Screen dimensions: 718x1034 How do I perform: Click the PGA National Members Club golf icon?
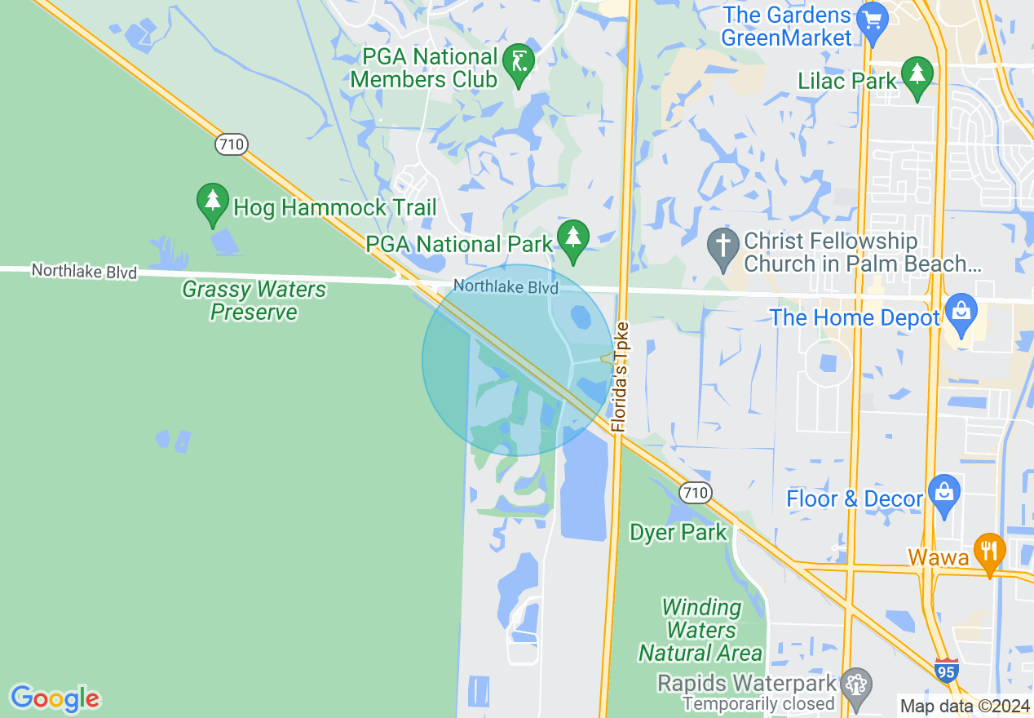coord(519,61)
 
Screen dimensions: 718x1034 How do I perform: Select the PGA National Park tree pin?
coord(573,238)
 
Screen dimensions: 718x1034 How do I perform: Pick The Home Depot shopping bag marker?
coord(962,312)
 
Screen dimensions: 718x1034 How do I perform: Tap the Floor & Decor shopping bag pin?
coord(943,494)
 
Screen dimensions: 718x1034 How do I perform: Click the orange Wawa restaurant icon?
coord(989,552)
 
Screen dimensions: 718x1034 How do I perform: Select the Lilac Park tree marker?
coord(918,75)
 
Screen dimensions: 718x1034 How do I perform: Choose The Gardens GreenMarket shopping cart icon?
coord(873,20)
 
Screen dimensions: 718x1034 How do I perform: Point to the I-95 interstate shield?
coord(947,671)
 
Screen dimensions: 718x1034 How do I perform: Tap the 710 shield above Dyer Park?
coord(696,493)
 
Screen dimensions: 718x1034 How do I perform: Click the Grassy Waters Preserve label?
coord(254,301)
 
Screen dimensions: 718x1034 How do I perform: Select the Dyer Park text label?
coord(678,533)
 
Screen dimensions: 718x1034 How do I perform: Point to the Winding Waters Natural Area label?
coord(701,630)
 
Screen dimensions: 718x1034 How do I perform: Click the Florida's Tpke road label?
coord(621,376)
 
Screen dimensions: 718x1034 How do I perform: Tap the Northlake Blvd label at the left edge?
coord(85,271)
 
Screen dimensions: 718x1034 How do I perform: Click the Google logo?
coord(55,698)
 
